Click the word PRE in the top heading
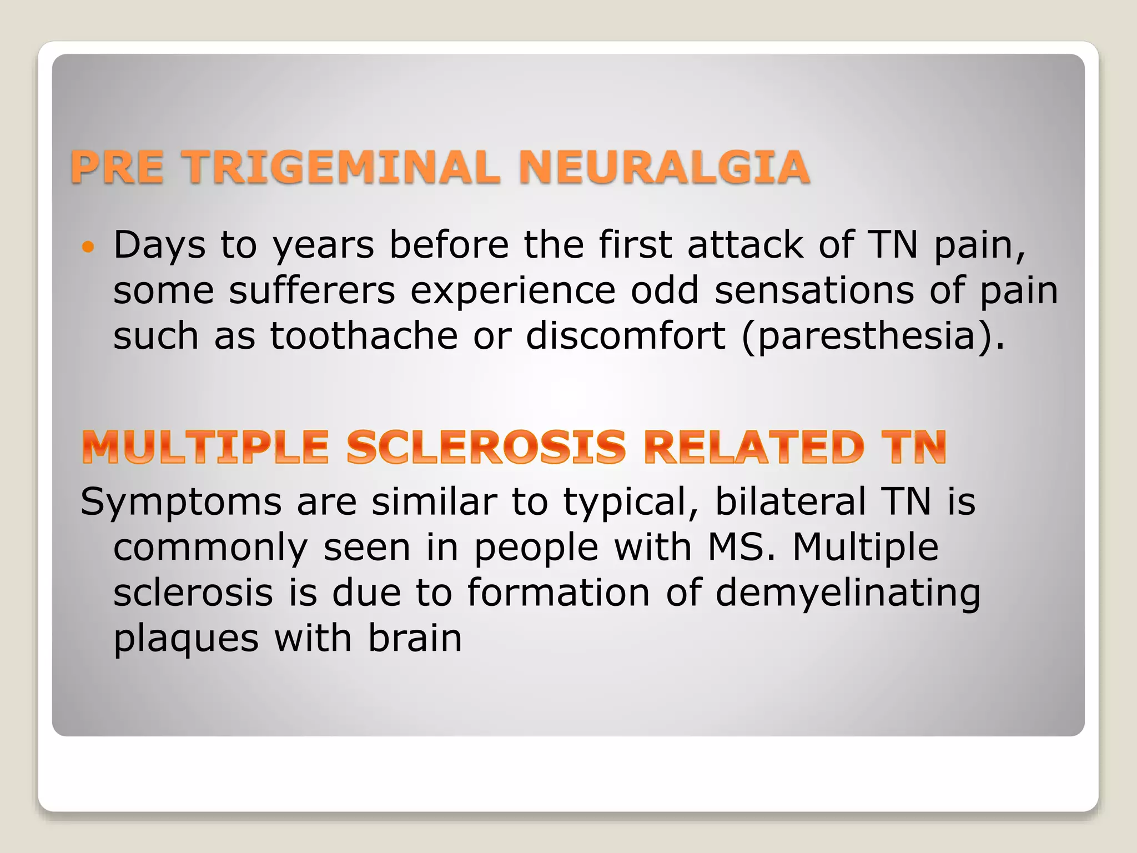(117, 167)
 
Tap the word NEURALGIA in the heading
(664, 167)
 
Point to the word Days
(159, 245)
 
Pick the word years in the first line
(323, 245)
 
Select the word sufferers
(312, 290)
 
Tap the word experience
(513, 292)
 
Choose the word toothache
(364, 336)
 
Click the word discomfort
(626, 336)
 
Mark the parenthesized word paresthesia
(866, 337)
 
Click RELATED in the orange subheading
(753, 447)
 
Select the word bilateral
(790, 501)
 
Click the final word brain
(415, 639)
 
